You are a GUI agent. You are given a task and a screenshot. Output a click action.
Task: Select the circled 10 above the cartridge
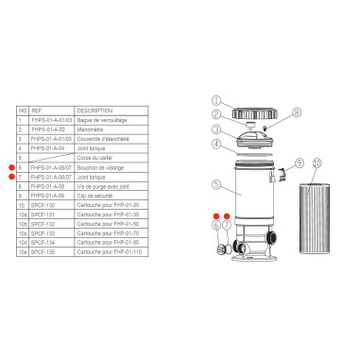click(x=315, y=163)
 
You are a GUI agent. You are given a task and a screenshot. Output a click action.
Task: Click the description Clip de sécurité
click(x=95, y=194)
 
